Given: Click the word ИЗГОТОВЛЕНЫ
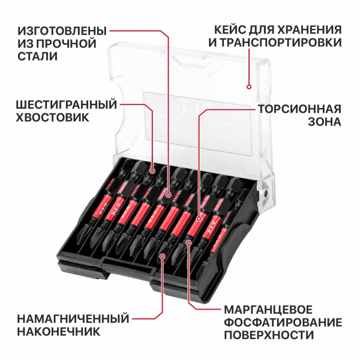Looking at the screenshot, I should [x=62, y=30].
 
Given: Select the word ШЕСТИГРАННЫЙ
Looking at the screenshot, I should [x=66, y=105].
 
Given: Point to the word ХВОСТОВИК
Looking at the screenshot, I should [x=53, y=118].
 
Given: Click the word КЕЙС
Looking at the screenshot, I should [x=225, y=30].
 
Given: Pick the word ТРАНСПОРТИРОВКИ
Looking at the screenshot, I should [x=281, y=43].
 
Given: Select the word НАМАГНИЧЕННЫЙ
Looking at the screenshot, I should [x=74, y=317].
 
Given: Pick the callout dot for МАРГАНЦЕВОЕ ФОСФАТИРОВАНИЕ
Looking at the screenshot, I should [x=188, y=242].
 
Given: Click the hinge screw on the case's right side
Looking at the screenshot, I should [x=262, y=195].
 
